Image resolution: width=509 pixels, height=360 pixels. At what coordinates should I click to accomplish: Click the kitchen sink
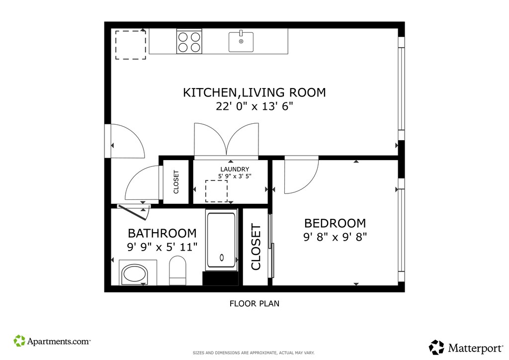pyautogui.click(x=241, y=42)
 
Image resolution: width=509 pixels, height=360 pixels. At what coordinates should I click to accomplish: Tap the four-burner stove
pyautogui.click(x=189, y=41)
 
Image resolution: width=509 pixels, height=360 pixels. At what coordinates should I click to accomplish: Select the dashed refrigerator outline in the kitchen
pyautogui.click(x=131, y=45)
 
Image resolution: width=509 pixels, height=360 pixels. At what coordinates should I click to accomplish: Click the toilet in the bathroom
pyautogui.click(x=177, y=270)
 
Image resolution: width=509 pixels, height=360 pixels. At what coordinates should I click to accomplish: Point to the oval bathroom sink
pyautogui.click(x=134, y=273)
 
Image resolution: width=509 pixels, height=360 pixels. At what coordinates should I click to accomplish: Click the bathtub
pyautogui.click(x=221, y=241)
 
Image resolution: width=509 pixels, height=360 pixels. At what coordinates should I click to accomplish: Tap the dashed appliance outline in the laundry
pyautogui.click(x=216, y=191)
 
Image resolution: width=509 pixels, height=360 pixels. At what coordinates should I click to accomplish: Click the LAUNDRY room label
pyautogui.click(x=235, y=169)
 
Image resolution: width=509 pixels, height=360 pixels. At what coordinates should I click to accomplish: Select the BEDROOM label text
pyautogui.click(x=335, y=223)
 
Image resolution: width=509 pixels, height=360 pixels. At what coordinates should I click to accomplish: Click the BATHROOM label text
pyautogui.click(x=163, y=233)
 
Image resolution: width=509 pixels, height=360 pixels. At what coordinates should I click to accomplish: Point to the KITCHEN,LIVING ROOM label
pyautogui.click(x=254, y=92)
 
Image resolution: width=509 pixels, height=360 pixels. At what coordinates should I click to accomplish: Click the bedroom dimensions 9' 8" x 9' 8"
pyautogui.click(x=335, y=237)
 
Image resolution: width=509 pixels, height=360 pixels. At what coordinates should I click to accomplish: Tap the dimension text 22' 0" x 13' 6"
pyautogui.click(x=254, y=106)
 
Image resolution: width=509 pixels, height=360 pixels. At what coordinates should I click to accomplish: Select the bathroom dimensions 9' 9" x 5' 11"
pyautogui.click(x=163, y=247)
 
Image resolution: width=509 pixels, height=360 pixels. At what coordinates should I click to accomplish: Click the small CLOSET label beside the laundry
pyautogui.click(x=176, y=182)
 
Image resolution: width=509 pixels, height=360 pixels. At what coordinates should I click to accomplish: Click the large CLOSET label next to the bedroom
pyautogui.click(x=256, y=247)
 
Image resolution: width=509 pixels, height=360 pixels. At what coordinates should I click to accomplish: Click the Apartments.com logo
pyautogui.click(x=52, y=341)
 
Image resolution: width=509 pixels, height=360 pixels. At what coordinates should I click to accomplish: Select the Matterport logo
pyautogui.click(x=466, y=348)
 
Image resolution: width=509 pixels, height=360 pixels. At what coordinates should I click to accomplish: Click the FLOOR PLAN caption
pyautogui.click(x=254, y=304)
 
